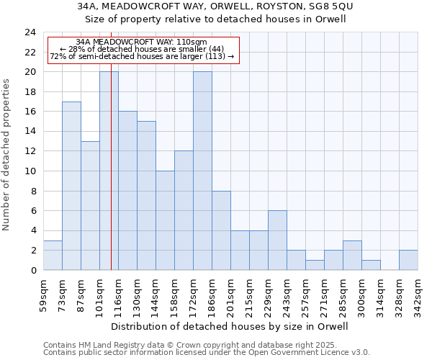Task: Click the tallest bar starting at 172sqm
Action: click(202, 171)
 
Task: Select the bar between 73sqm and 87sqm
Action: click(71, 186)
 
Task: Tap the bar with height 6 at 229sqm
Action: click(277, 240)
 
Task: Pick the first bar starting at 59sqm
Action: click(53, 256)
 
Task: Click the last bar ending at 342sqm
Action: click(408, 261)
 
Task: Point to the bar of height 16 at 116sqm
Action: click(127, 191)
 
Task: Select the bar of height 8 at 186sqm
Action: click(221, 230)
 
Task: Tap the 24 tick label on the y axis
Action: click(30, 32)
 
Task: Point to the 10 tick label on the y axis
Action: click(30, 171)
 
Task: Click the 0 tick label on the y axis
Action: click(33, 271)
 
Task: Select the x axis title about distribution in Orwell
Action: click(230, 326)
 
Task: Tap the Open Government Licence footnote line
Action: click(207, 352)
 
